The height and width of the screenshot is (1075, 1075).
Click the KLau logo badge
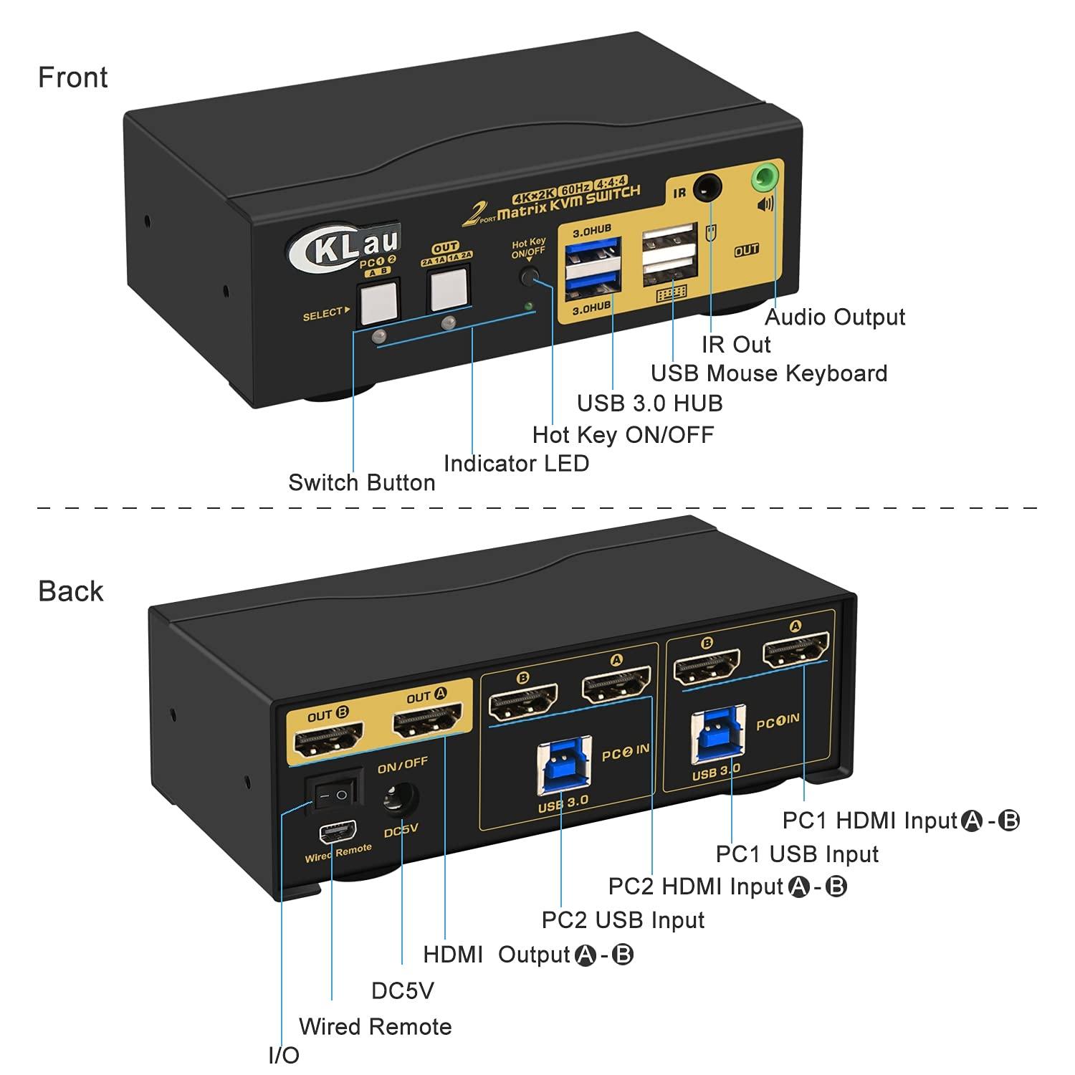tap(347, 249)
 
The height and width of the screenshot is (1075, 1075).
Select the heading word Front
tap(72, 77)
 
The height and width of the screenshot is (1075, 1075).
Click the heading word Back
tap(70, 591)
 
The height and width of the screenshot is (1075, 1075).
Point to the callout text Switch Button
tap(361, 483)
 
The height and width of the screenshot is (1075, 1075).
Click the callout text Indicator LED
tap(516, 464)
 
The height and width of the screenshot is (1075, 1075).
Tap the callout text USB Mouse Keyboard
tap(768, 373)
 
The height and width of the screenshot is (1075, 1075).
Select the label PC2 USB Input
tap(623, 920)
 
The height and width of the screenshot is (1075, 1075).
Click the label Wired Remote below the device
tap(375, 1026)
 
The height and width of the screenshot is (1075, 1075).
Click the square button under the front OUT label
tap(448, 290)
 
